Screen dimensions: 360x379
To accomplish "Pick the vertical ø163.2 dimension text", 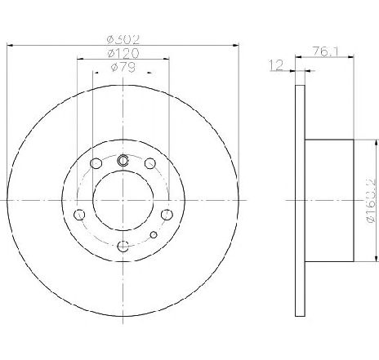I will coord(369,201).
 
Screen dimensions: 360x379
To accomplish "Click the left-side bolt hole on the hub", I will coord(79,215).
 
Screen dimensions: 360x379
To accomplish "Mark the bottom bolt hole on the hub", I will coord(123,247).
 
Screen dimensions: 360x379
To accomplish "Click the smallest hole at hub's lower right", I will coord(153,235).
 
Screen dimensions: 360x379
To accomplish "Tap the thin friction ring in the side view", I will coord(297,201).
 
